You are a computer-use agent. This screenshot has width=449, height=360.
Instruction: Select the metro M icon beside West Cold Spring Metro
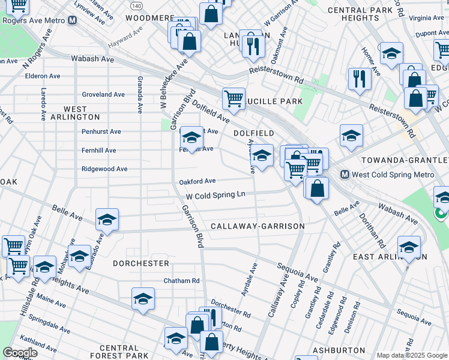345,175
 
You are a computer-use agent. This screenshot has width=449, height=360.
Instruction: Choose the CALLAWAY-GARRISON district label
258,226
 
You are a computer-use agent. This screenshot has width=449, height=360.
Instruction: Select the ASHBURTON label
338,350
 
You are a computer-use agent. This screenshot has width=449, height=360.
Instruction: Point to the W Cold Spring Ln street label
215,195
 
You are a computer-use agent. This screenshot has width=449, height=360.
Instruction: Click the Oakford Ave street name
197,181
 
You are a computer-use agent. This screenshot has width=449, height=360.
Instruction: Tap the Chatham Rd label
181,281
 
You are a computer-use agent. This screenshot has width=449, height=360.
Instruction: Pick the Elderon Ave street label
43,76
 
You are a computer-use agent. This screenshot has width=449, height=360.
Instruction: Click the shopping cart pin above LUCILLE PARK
233,98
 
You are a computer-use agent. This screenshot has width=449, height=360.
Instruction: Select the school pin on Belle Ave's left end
107,219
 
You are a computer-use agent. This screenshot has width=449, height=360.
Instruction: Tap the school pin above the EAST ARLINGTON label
409,247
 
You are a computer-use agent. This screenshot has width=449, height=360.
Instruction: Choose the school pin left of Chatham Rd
143,298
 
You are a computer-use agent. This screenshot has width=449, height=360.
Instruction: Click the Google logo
20,353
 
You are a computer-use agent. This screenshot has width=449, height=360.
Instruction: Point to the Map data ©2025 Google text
411,355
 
